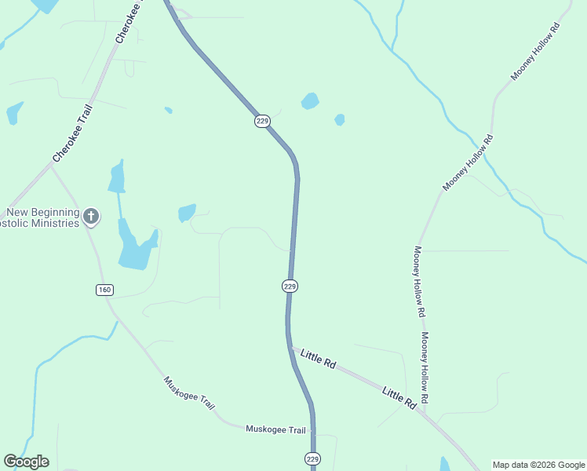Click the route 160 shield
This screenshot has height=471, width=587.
105,290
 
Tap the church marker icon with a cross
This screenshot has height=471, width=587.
91,217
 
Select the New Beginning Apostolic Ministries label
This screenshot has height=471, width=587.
43,217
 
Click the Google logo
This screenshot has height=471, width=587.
26,462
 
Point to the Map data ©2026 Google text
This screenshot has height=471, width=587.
538,465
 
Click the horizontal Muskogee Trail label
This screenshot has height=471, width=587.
275,429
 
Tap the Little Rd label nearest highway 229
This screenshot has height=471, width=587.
318,360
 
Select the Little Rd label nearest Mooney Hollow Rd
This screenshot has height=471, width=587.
399,397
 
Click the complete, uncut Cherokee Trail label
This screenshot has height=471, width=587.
74,135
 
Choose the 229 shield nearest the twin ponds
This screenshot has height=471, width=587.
262,121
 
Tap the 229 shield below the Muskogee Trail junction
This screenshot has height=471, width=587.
312,458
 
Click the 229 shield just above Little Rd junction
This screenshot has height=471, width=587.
290,287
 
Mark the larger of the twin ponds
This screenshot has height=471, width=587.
310,101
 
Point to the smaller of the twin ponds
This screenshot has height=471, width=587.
339,120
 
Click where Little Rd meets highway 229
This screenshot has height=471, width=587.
290,346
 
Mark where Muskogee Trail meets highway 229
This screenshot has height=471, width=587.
312,431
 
